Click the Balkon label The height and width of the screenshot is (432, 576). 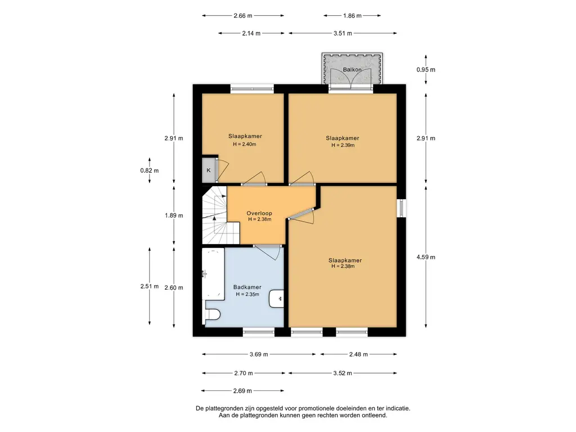(352, 69)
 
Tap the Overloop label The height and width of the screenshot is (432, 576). (259, 213)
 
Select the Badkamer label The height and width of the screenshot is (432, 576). (247, 287)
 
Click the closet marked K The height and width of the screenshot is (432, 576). (209, 170)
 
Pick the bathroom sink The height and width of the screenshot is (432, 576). (276, 299)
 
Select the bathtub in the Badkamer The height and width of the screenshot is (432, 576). (213, 274)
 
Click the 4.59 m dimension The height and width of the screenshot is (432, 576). (426, 257)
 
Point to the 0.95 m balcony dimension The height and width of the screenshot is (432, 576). (426, 69)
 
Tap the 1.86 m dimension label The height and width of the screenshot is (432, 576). (352, 15)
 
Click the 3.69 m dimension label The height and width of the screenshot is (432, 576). (259, 354)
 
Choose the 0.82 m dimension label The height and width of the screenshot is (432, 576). (150, 170)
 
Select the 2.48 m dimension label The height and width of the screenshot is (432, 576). (358, 354)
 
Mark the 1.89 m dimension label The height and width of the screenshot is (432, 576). (174, 215)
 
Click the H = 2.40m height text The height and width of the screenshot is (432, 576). (245, 144)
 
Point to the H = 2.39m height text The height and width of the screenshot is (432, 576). (343, 145)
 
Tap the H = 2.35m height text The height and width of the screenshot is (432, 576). (247, 294)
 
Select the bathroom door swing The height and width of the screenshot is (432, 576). (268, 252)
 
